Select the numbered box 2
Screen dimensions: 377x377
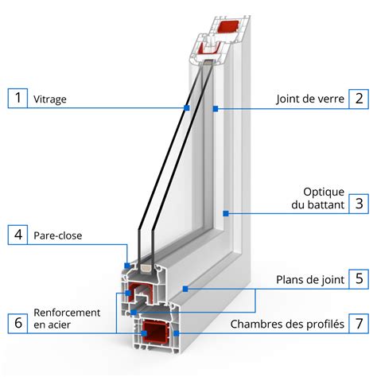(360, 99)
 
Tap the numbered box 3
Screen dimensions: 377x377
(360, 203)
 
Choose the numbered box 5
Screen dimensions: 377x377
(360, 278)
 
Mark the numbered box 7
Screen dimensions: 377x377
(360, 324)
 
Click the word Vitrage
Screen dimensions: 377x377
(50, 100)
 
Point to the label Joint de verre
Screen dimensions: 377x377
(311, 99)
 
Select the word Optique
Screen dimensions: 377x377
(323, 192)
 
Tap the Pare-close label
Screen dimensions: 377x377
(58, 236)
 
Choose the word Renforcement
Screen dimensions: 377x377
(67, 313)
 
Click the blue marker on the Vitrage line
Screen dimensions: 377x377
(187, 107)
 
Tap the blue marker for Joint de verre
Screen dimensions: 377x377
(216, 107)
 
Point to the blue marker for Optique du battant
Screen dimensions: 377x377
(227, 212)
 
